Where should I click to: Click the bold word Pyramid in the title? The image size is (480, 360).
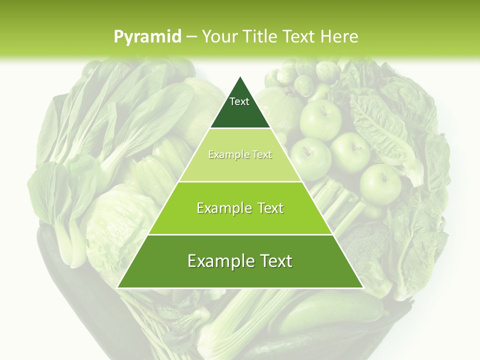(147, 36)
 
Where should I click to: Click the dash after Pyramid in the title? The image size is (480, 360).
(190, 37)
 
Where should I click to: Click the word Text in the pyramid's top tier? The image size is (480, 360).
(239, 101)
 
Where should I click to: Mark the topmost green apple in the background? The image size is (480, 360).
(320, 120)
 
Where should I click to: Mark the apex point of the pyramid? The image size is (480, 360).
(240, 77)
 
